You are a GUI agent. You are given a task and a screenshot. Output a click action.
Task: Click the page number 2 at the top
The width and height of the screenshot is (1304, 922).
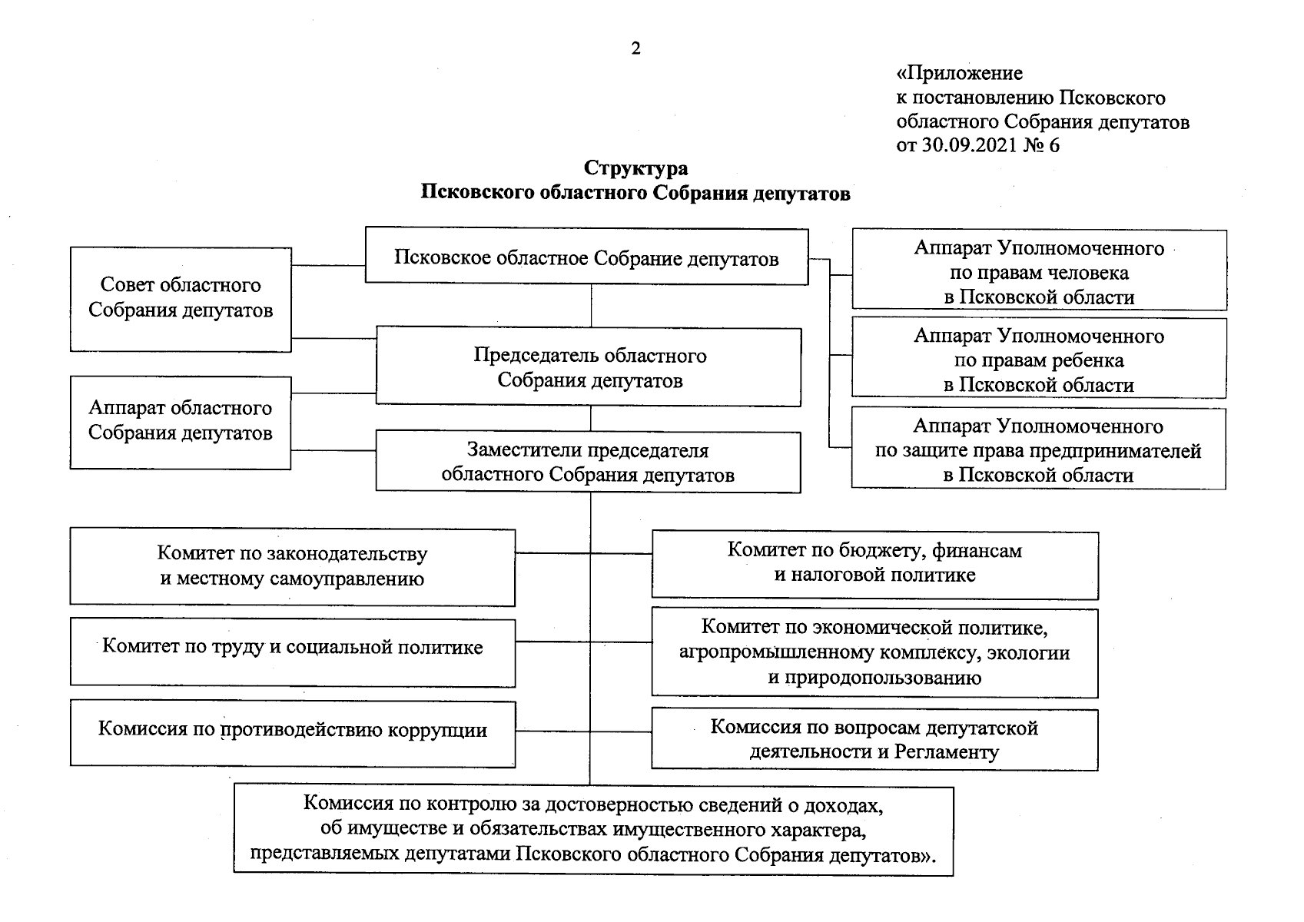click(635, 49)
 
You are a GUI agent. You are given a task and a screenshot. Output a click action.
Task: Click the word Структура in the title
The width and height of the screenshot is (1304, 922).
click(635, 168)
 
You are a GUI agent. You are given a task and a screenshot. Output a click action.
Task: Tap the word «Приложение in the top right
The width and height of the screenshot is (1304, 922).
click(960, 74)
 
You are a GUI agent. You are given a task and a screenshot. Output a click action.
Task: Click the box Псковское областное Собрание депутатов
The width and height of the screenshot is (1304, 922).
click(586, 257)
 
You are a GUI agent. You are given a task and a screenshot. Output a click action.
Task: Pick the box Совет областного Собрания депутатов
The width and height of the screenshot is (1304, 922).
click(181, 298)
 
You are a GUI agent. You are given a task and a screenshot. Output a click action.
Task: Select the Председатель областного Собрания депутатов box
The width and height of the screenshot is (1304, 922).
click(589, 367)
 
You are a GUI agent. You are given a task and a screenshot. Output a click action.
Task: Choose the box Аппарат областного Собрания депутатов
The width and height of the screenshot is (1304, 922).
click(181, 421)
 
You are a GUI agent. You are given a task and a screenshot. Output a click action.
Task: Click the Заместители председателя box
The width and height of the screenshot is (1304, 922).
click(588, 463)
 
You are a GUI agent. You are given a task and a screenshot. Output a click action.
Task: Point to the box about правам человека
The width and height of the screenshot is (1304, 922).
click(1039, 272)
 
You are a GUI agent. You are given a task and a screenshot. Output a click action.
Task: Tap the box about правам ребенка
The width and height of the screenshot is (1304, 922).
click(1039, 360)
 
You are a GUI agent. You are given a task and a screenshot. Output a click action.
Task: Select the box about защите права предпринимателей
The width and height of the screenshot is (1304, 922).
click(1038, 449)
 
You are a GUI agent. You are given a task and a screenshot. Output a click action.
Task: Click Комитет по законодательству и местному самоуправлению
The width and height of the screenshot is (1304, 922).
click(292, 566)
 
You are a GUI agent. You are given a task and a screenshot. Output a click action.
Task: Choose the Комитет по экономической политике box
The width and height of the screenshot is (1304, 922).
click(874, 652)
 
